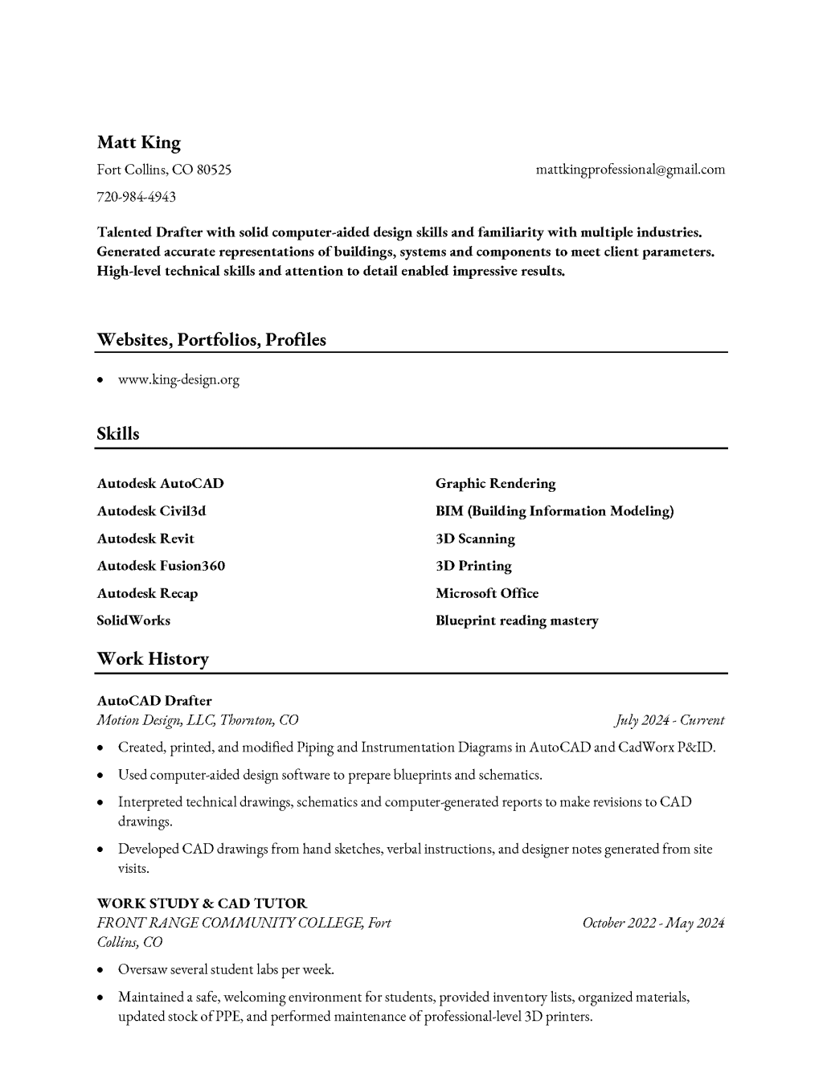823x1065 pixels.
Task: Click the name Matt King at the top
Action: coord(138,143)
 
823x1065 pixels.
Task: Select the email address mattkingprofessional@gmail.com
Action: coord(630,170)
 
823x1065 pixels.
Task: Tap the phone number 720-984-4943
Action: coord(136,197)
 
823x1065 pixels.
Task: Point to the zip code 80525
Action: coord(214,170)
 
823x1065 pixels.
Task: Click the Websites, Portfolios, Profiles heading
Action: coord(211,340)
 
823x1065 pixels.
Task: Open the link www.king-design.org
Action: coord(178,380)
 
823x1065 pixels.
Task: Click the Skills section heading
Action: coord(118,434)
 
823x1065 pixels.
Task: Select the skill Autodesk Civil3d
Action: coord(151,511)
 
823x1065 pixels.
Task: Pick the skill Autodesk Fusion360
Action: coord(161,566)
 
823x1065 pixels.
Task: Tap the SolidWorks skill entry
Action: coord(133,621)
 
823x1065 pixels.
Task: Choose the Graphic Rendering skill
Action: coord(495,484)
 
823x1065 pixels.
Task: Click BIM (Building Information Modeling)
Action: coord(555,511)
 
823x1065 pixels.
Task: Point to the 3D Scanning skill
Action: coord(475,539)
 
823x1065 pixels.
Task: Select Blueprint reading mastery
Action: coord(517,621)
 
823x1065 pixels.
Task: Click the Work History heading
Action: coord(153,659)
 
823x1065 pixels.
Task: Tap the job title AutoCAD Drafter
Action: coord(154,701)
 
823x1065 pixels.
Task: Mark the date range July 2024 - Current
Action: coord(669,720)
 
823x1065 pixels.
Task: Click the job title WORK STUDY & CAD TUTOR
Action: coord(202,903)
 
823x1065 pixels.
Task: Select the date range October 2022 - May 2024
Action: coord(653,923)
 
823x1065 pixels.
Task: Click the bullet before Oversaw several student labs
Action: coord(100,970)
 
